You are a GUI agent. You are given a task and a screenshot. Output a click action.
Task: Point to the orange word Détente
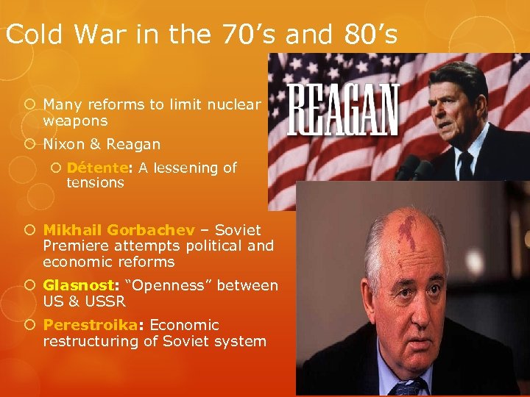pyautogui.click(x=96, y=168)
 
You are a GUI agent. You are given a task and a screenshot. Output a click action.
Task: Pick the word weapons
pyautogui.click(x=75, y=121)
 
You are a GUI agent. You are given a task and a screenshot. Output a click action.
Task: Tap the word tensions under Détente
pyautogui.click(x=95, y=182)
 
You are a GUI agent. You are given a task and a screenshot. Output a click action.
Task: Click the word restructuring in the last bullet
pyautogui.click(x=89, y=341)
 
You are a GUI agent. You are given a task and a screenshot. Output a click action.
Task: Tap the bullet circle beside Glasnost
pyautogui.click(x=33, y=285)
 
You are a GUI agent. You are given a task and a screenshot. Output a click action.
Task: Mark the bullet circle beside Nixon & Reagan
pyautogui.click(x=33, y=144)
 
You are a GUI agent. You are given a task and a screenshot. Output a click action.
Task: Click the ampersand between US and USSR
pyautogui.click(x=71, y=301)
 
